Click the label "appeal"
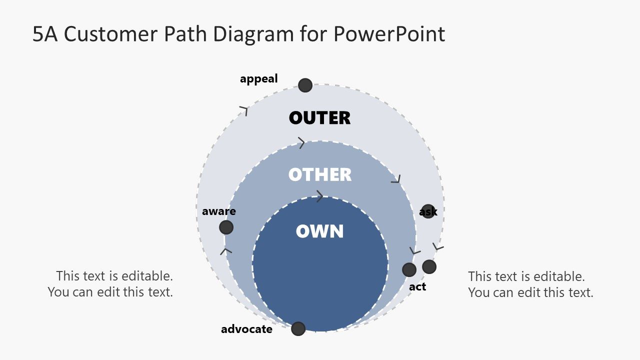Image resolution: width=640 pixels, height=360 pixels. pyautogui.click(x=258, y=79)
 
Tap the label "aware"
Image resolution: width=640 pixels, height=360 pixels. pyautogui.click(x=218, y=211)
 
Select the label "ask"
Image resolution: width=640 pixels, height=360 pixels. pyautogui.click(x=428, y=212)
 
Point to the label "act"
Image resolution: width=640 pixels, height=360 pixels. pyautogui.click(x=417, y=287)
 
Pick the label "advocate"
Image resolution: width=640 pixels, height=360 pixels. pyautogui.click(x=246, y=329)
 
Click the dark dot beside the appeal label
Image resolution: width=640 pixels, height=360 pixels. pyautogui.click(x=305, y=85)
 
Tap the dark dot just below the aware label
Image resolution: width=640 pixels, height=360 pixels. pyautogui.click(x=226, y=227)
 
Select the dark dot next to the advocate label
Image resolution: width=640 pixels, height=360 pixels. pyautogui.click(x=298, y=328)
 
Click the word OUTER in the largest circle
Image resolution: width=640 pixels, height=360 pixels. pyautogui.click(x=319, y=118)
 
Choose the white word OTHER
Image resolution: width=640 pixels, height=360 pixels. pyautogui.click(x=319, y=175)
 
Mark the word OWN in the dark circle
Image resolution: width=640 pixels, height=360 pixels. pyautogui.click(x=319, y=231)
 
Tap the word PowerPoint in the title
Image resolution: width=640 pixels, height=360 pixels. pyautogui.click(x=388, y=34)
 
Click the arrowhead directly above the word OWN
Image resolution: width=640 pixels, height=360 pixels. pyautogui.click(x=319, y=196)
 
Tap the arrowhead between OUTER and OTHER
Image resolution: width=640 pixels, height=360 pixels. pyautogui.click(x=301, y=143)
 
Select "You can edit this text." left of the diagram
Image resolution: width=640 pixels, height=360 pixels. pyautogui.click(x=110, y=292)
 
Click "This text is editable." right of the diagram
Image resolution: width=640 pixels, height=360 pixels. pyautogui.click(x=526, y=276)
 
